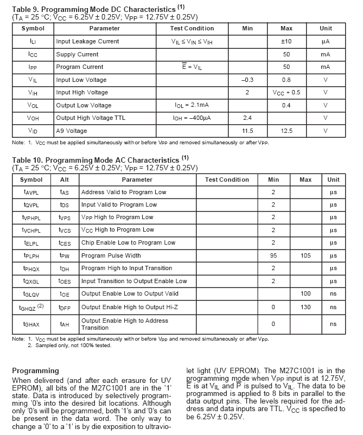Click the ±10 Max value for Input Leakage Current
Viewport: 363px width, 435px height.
286,41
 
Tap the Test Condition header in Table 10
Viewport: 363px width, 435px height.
227,180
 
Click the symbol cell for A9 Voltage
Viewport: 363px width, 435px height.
33,131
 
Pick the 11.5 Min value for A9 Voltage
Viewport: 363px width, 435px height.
247,131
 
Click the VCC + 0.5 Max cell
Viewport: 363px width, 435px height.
286,93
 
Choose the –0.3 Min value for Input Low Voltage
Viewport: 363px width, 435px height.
247,80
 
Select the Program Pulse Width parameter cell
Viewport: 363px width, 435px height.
111,255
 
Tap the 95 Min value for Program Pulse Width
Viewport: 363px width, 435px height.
273,255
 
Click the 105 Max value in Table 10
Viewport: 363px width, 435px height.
305,255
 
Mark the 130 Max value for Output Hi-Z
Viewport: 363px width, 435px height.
305,307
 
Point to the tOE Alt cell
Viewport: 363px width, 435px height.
65,294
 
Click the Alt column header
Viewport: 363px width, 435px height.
65,180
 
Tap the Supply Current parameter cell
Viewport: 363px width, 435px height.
78,54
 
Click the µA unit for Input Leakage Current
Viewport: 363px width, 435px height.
326,41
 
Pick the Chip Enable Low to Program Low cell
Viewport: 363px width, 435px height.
121,242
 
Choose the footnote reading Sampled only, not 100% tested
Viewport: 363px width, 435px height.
69,345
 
